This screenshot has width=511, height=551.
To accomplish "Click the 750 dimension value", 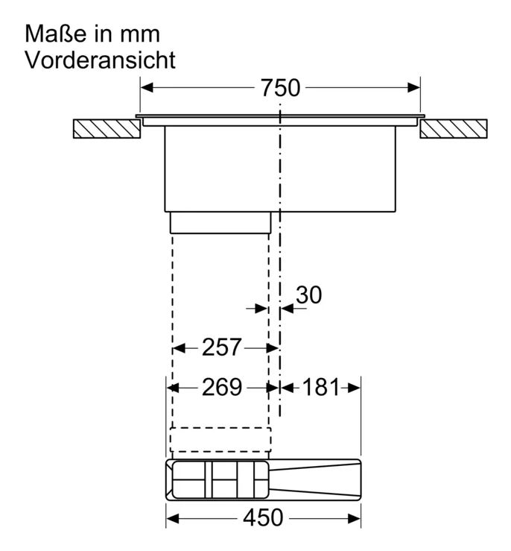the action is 280,87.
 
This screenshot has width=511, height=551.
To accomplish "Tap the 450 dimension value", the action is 263,517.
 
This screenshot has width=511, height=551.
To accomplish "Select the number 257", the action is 222,347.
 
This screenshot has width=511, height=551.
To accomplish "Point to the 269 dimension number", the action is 222,387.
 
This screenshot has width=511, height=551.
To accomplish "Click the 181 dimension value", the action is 321,387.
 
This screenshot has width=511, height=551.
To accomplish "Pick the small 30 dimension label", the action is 309,295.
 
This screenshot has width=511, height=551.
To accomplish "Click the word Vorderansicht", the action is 101,60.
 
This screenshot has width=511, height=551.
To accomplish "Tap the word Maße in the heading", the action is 55,34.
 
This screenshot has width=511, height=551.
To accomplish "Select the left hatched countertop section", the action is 107,128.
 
